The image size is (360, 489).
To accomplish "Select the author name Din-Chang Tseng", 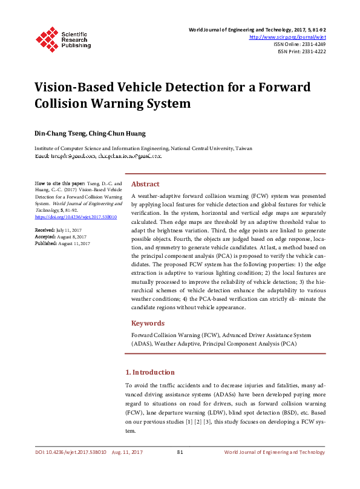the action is click(56, 133).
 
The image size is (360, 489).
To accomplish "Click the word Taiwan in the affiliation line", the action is click(243, 148).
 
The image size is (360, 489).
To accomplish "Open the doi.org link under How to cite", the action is click(76, 216).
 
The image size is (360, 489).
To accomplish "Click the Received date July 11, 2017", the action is click(68, 231).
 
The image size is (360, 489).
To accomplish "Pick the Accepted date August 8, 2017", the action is click(73, 237).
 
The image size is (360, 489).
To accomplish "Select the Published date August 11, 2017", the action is click(74, 243).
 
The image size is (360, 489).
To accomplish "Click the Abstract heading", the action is click(145, 184).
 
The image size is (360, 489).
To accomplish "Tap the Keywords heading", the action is click(148, 323).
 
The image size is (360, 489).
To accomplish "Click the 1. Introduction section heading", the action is click(149, 372).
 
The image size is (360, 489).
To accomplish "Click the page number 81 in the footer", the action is click(180, 453).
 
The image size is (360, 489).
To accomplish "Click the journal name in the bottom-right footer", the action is click(274, 453).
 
